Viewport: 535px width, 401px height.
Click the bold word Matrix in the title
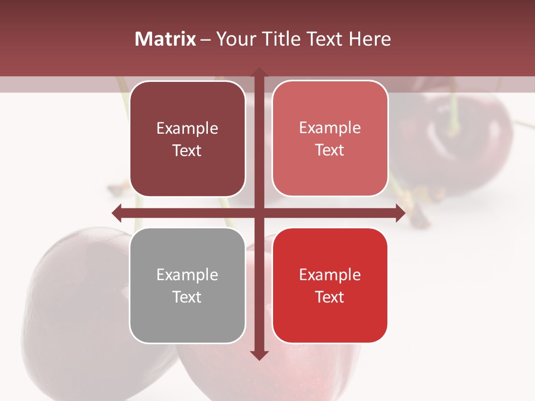166,39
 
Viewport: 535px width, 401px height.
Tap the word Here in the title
370,39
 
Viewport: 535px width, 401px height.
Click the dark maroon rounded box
187,139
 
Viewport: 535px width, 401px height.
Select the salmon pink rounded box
330,139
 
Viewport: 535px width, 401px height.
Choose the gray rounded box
187,285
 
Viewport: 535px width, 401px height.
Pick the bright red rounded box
330,285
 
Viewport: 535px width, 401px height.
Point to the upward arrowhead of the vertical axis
259,72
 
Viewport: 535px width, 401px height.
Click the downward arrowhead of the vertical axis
259,355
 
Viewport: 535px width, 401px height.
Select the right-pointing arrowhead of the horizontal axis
400,213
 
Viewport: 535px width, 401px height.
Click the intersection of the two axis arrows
259,213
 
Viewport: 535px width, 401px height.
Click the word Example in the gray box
187,275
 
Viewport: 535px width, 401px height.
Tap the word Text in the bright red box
330,297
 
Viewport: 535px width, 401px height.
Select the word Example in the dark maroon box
187,128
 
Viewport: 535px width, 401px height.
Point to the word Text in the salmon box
330,150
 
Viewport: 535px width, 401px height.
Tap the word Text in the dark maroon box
187,151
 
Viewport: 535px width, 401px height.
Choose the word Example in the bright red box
330,275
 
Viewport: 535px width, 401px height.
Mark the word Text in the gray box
187,297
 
